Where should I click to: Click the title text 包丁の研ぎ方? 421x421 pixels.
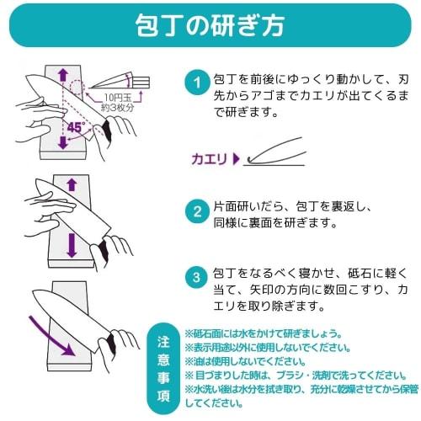[x=210, y=25]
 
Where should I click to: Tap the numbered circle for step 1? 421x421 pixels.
[x=197, y=83]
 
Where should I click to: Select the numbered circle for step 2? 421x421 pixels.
[x=197, y=212]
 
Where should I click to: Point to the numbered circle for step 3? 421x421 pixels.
[x=197, y=278]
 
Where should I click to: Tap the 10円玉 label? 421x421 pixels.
[x=118, y=98]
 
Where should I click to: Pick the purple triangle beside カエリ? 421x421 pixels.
[x=237, y=159]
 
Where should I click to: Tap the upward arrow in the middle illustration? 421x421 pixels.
[x=72, y=185]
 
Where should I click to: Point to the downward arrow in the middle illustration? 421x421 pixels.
[x=72, y=246]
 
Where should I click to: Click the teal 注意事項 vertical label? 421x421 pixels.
[x=163, y=369]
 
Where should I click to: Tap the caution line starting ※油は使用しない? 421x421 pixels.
[x=245, y=362]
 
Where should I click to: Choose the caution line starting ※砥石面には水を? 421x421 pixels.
[x=264, y=334]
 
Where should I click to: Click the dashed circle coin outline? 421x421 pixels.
[x=77, y=87]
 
